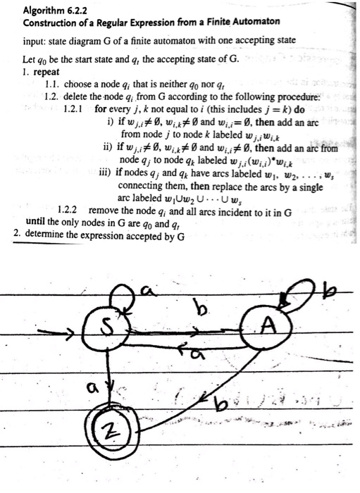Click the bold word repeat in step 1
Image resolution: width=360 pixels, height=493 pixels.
point(46,72)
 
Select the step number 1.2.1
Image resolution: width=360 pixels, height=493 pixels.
point(73,109)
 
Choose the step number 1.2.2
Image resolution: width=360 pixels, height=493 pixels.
point(68,210)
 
